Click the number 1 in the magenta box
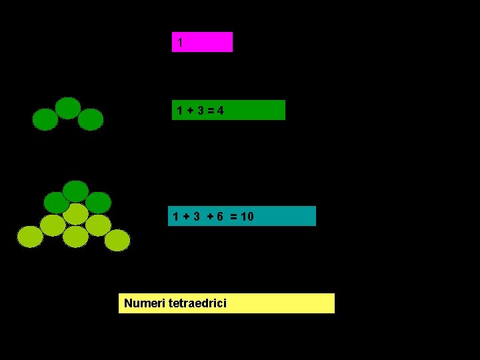[180, 43]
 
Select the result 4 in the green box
[220, 110]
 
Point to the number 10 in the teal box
[247, 216]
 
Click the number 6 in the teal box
[219, 216]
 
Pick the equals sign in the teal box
[233, 216]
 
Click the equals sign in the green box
[210, 110]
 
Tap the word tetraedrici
[197, 303]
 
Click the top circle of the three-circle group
[68, 107]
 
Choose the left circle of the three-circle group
[45, 119]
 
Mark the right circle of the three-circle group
[91, 119]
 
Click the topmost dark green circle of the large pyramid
[75, 191]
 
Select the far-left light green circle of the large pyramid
[30, 236]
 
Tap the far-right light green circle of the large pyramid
[117, 240]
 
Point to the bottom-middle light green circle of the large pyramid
[75, 237]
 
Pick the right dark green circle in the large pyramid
[99, 202]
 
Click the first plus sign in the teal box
[186, 216]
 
